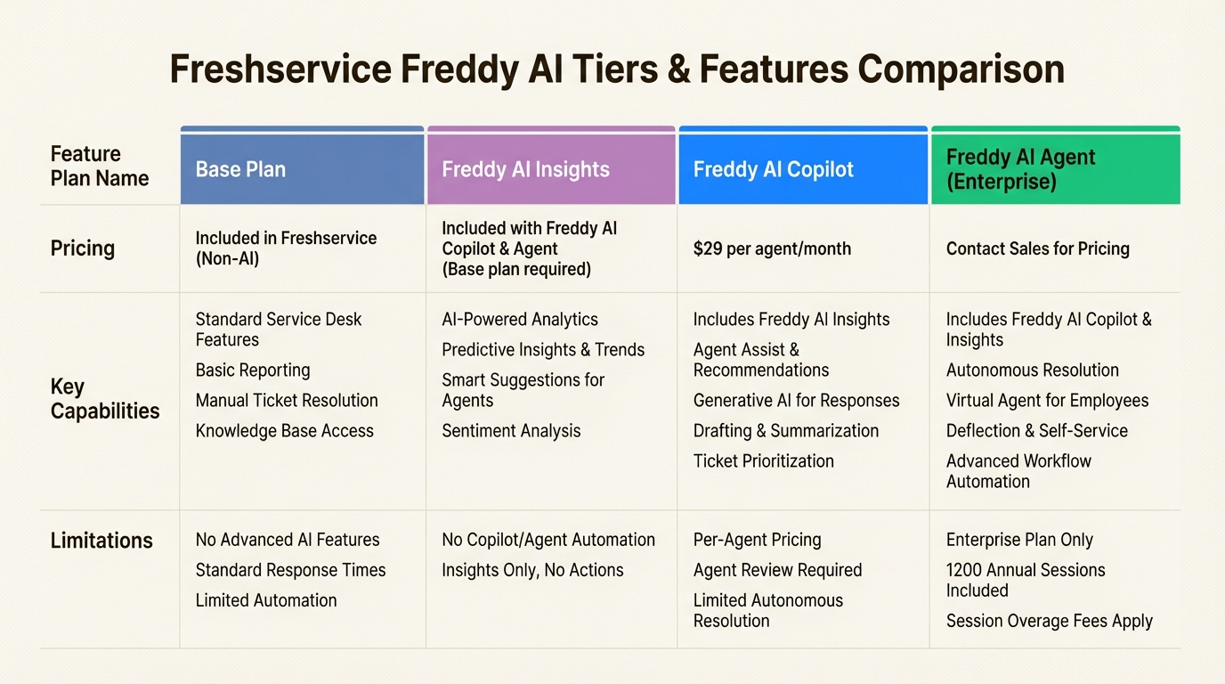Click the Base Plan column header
point(240,169)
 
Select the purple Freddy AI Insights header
point(525,169)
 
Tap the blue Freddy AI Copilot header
point(773,169)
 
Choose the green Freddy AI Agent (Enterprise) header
point(1020,169)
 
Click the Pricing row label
point(83,248)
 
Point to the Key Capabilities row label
point(105,399)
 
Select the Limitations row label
point(101,541)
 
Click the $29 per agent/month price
point(772,248)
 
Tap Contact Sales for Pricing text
point(1037,248)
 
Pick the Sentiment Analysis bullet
point(511,431)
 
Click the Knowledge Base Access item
point(284,431)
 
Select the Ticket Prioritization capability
point(763,461)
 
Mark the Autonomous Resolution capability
point(1032,370)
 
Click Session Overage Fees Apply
point(1049,622)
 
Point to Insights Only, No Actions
point(532,570)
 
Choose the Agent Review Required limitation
point(777,570)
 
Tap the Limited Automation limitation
point(266,600)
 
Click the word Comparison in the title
point(961,69)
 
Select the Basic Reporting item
point(253,370)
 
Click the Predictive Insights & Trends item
point(543,350)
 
